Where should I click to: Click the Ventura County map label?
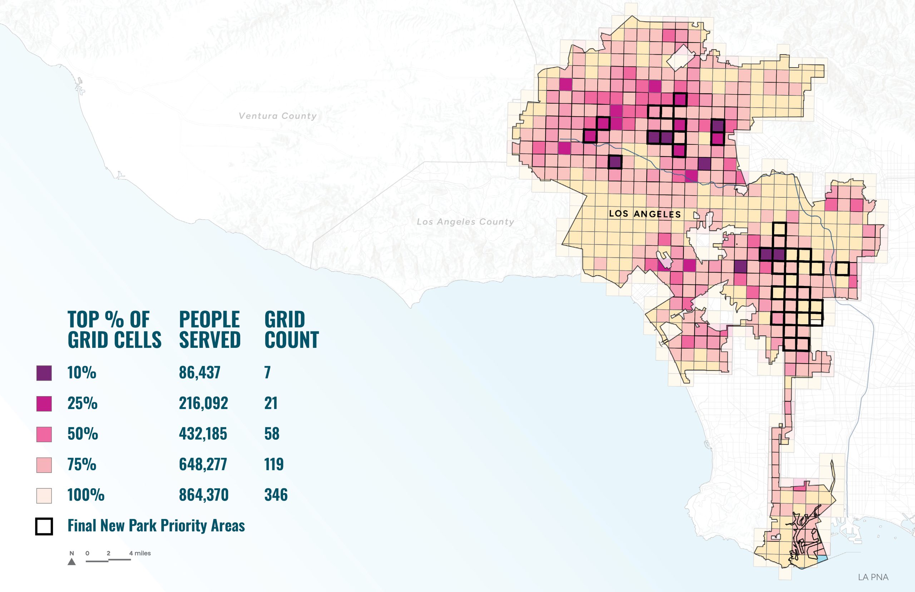pyautogui.click(x=277, y=116)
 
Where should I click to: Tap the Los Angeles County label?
pyautogui.click(x=465, y=222)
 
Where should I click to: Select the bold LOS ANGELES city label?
pyautogui.click(x=644, y=214)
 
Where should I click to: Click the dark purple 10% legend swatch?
pyautogui.click(x=44, y=373)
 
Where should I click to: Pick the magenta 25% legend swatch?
pyautogui.click(x=44, y=404)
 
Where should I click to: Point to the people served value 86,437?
pyautogui.click(x=199, y=373)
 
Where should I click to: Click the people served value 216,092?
pyautogui.click(x=203, y=403)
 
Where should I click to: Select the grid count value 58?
pyautogui.click(x=272, y=434)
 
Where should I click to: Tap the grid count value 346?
pyautogui.click(x=276, y=495)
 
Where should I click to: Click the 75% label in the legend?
pyautogui.click(x=81, y=464)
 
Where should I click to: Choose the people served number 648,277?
pyautogui.click(x=203, y=464)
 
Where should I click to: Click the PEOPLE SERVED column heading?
pyautogui.click(x=209, y=330)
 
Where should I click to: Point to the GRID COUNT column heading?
pyautogui.click(x=291, y=330)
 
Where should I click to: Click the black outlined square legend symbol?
pyautogui.click(x=44, y=526)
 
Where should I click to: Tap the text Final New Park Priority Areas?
pyautogui.click(x=156, y=526)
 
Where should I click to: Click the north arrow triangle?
pyautogui.click(x=71, y=562)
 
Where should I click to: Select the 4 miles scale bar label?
pyautogui.click(x=140, y=553)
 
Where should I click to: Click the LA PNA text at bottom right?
pyautogui.click(x=873, y=577)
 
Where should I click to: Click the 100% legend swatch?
pyautogui.click(x=44, y=495)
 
